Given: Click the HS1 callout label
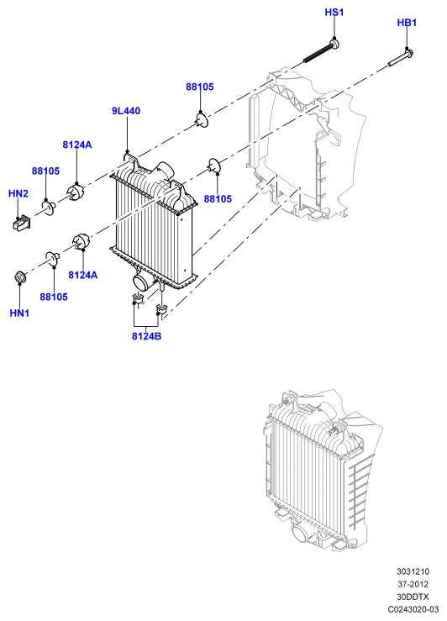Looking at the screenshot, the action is coord(334,13).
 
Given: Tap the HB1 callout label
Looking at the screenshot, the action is coord(407,23).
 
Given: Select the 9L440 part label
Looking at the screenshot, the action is coord(126,111).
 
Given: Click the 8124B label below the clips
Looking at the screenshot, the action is coord(146,336).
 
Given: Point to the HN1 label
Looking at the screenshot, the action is coord(19,313).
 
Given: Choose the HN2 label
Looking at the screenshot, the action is coord(18,193).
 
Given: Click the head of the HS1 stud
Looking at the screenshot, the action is coord(334,43).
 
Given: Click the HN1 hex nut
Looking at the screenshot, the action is coord(18,276).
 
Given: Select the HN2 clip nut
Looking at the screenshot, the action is coord(22,223).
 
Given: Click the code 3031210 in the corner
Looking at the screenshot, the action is coord(413,571).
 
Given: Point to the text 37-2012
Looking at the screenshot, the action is coord(413,584).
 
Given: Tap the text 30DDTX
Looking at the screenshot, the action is coord(413,597).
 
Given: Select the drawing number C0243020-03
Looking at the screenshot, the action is coord(413,609).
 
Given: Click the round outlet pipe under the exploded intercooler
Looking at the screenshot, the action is coord(141,282).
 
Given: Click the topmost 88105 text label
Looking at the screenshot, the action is coord(200,87).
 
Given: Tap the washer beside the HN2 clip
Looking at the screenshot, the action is coord(49,208).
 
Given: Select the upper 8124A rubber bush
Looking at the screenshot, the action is coord(76,192).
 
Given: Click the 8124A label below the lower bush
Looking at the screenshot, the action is coord(82,275).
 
